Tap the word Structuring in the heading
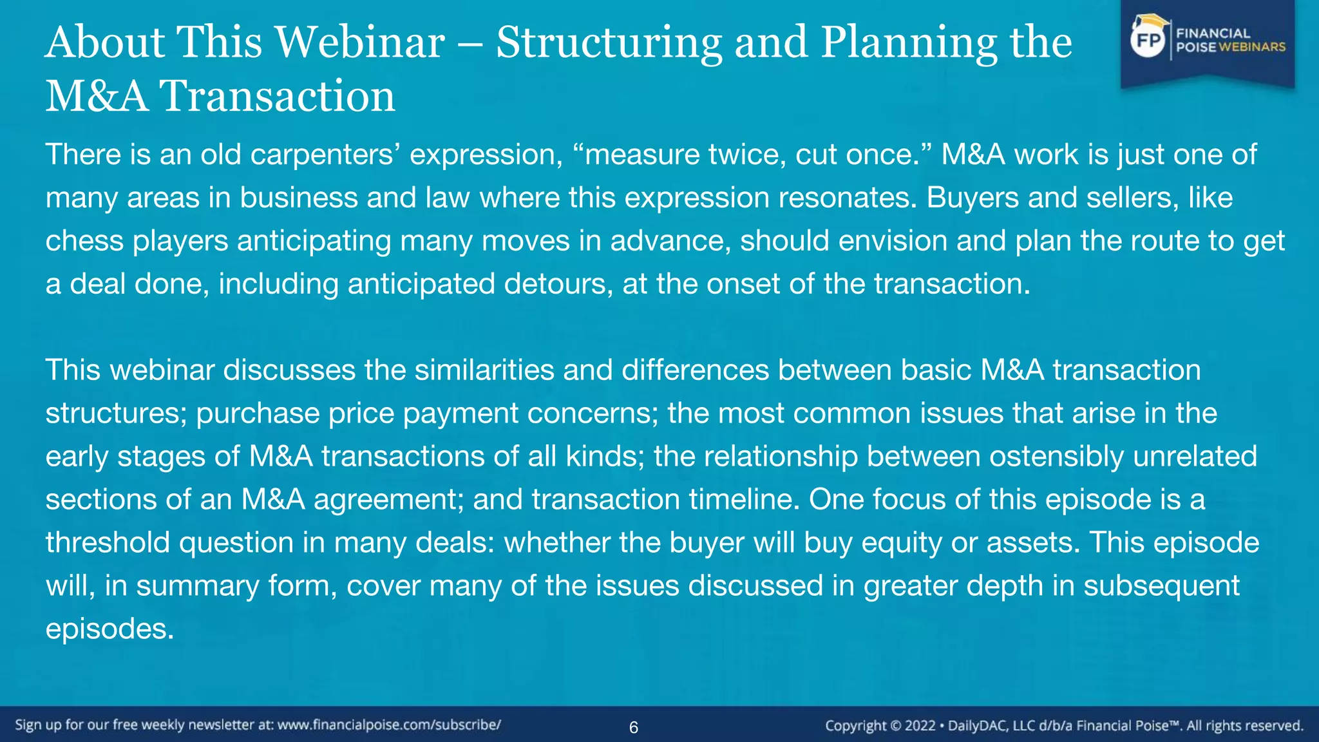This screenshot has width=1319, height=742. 609,44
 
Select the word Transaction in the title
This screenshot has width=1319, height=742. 277,97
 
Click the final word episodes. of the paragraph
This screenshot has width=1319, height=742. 109,629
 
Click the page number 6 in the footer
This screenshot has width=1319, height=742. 633,728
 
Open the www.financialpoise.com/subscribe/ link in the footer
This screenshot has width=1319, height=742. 388,725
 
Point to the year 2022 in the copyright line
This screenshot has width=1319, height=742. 920,726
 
